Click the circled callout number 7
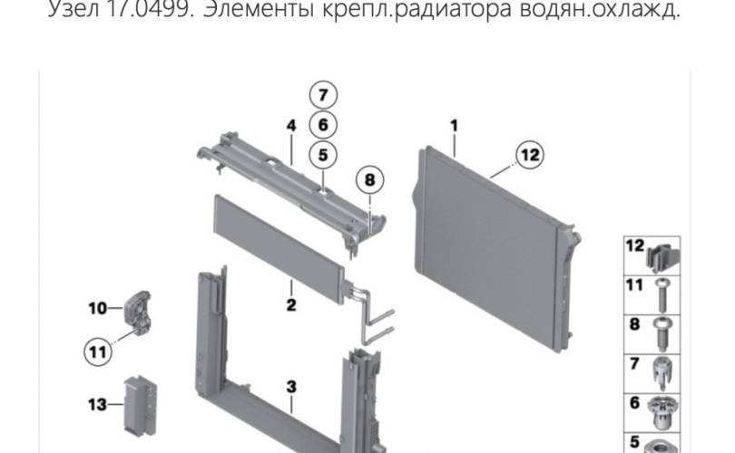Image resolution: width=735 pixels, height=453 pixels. (323, 95)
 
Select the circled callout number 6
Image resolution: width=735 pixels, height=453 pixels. (323, 125)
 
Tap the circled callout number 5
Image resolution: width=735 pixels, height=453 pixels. (323, 155)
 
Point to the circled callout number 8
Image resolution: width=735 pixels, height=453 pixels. (370, 180)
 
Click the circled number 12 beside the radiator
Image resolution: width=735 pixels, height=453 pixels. (530, 155)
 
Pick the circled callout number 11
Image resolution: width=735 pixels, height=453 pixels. (98, 352)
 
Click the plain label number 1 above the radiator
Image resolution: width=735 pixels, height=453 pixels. (454, 125)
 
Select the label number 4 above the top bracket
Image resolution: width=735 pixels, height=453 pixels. (291, 125)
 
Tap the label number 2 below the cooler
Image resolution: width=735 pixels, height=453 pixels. (291, 305)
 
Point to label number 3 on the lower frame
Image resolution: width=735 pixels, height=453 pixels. (291, 387)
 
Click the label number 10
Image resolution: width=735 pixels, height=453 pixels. (97, 308)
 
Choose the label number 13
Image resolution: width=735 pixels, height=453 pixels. (97, 404)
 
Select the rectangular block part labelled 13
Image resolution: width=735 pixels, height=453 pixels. (140, 405)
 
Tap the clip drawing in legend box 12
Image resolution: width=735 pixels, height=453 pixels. (661, 259)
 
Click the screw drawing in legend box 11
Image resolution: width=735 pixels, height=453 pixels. (661, 294)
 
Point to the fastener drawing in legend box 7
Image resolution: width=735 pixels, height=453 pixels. (661, 373)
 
